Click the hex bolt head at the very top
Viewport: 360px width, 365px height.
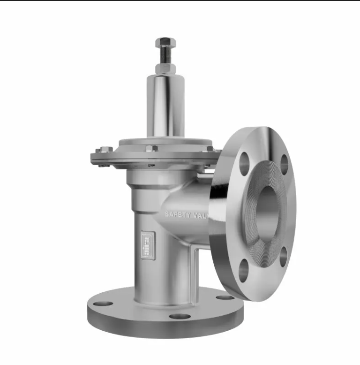(165, 43)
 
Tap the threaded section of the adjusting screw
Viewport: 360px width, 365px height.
(165, 55)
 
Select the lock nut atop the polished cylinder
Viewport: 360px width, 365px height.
(165, 68)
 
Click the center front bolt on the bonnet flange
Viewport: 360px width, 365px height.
(151, 149)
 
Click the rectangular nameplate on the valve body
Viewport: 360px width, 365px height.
(145, 242)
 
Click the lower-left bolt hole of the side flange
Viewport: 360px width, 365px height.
(244, 271)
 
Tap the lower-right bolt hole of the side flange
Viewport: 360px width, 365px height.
(283, 256)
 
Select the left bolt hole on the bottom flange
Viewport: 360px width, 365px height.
(103, 303)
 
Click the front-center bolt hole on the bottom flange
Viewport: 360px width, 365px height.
(180, 316)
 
